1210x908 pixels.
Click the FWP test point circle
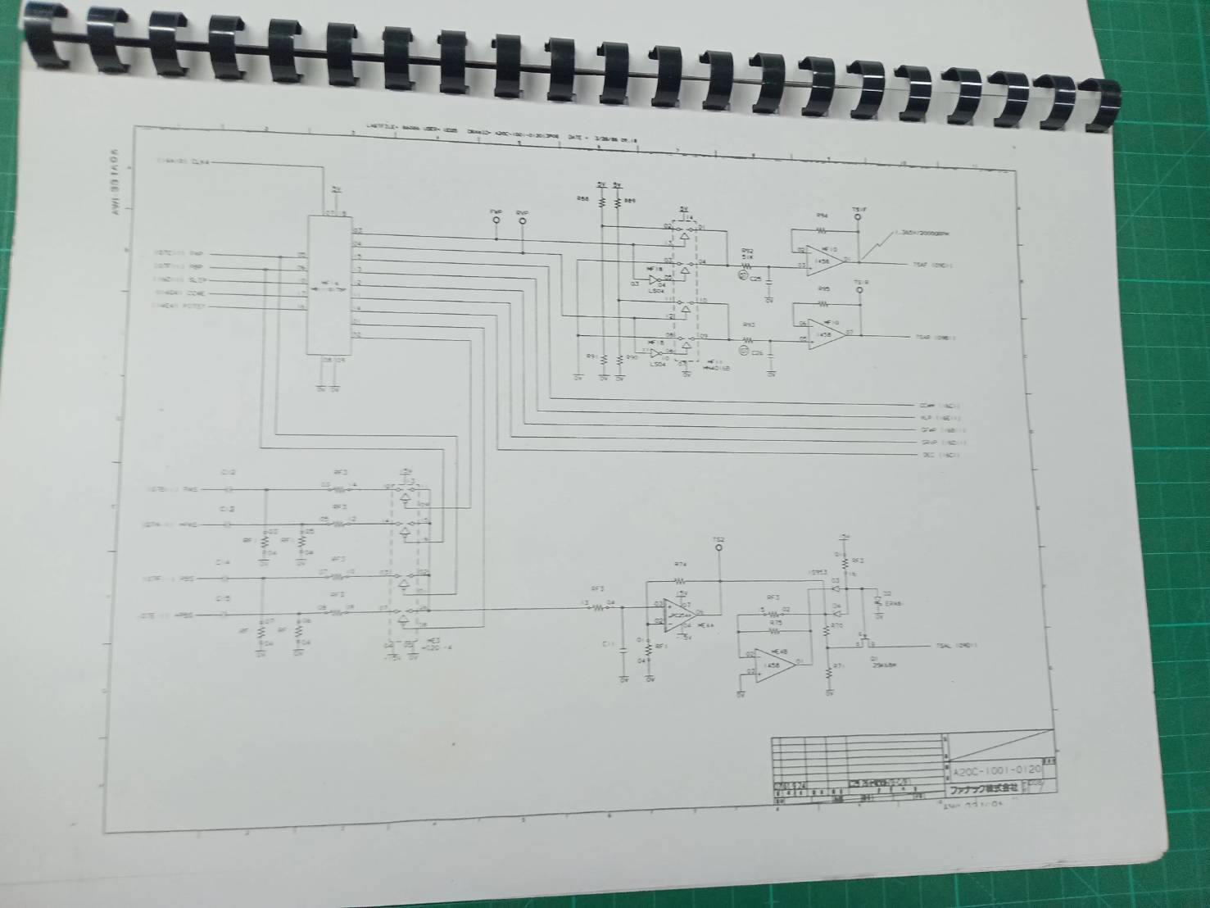pyautogui.click(x=496, y=220)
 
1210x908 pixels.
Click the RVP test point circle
pyautogui.click(x=523, y=221)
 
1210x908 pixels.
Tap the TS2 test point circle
pyautogui.click(x=719, y=547)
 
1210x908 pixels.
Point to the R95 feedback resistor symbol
pyautogui.click(x=824, y=303)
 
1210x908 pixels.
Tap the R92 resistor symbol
pyautogui.click(x=748, y=264)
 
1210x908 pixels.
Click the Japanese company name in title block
pyautogui.click(x=983, y=788)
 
